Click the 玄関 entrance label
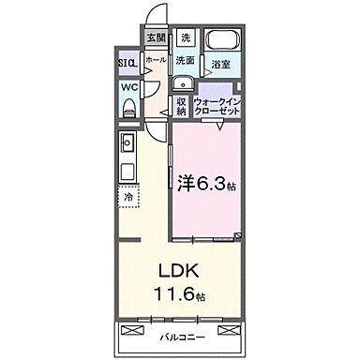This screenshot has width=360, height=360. pyautogui.click(x=156, y=38)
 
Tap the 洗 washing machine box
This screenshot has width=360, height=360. pyautogui.click(x=186, y=38)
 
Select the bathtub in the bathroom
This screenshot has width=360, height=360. pyautogui.click(x=221, y=42)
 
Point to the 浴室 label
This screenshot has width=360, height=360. pyautogui.click(x=221, y=66)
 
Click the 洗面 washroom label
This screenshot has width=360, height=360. pyautogui.click(x=186, y=61)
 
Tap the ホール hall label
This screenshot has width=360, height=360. pyautogui.click(x=156, y=59)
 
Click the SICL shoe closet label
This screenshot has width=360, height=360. pyautogui.click(x=127, y=64)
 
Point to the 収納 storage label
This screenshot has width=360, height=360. pyautogui.click(x=181, y=106)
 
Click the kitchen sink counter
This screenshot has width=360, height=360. pyautogui.click(x=128, y=155)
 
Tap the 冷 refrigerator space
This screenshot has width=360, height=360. pyautogui.click(x=128, y=198)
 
